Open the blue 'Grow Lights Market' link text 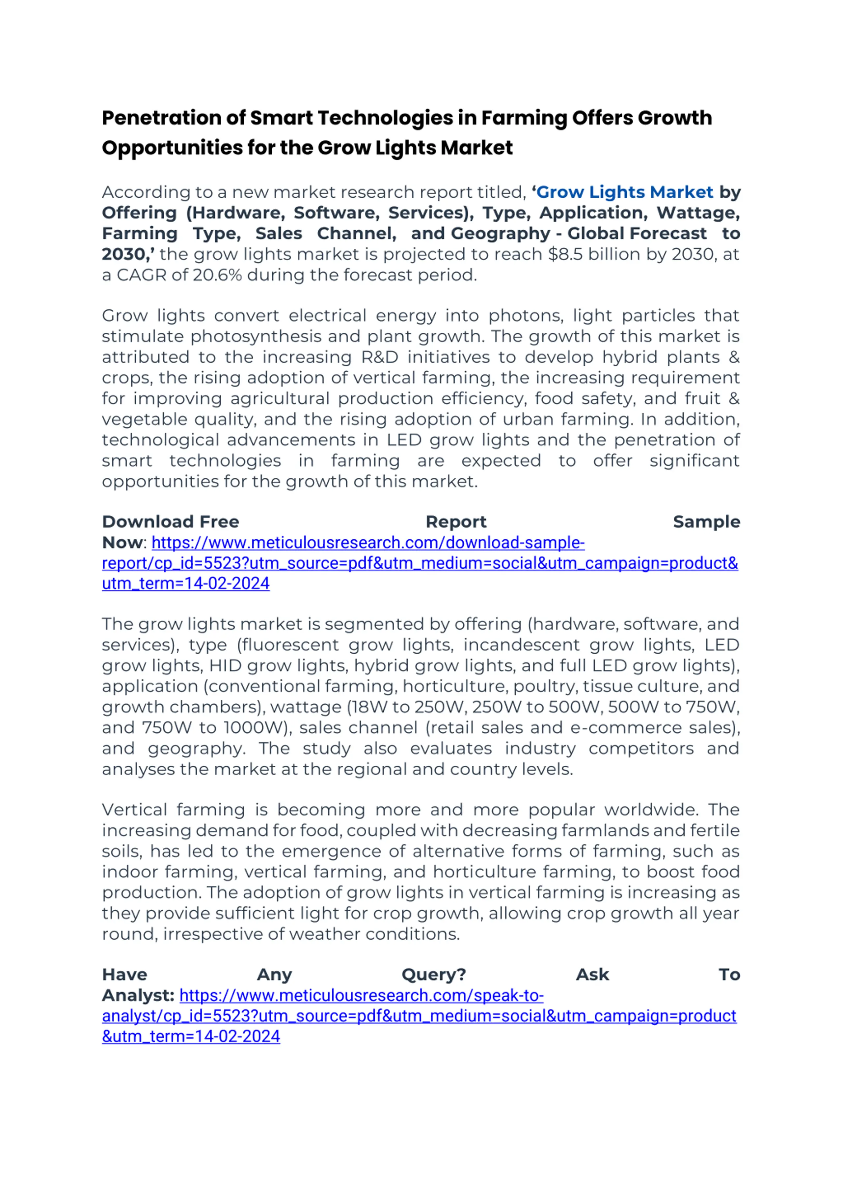(624, 192)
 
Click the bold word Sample (706, 522)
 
